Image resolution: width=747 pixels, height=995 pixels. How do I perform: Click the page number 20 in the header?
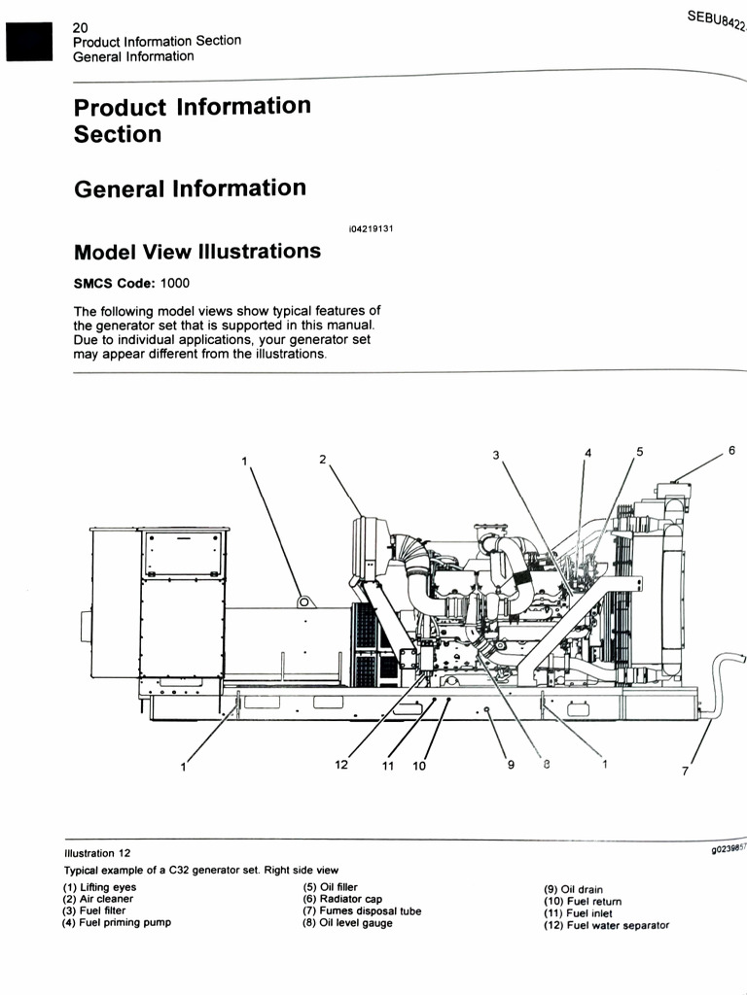coord(81,28)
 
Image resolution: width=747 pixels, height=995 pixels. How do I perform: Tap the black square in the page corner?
coord(27,41)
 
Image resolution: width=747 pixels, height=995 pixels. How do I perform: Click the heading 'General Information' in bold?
coord(190,189)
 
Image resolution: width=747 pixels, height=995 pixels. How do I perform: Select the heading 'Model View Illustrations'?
coord(197,252)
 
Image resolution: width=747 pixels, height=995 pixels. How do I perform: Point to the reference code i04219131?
coord(370,229)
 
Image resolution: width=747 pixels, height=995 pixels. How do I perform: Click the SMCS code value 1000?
coord(175,284)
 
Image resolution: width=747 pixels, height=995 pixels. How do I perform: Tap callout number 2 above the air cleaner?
coord(323,459)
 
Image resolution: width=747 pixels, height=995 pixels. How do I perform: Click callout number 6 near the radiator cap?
coord(730,452)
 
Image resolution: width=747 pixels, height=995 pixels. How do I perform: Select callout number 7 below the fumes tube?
coord(685,772)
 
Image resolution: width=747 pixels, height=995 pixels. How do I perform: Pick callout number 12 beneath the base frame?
coord(341,765)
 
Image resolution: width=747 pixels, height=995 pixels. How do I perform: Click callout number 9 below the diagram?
coord(510,765)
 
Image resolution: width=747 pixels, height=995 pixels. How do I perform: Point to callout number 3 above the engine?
coord(496,455)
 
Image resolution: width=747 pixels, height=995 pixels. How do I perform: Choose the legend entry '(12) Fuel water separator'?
coord(606,925)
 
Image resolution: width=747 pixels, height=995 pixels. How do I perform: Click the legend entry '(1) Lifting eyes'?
coord(100,887)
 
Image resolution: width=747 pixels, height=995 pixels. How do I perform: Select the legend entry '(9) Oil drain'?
coord(573,889)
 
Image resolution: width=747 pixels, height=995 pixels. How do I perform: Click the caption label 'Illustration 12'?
coord(97,853)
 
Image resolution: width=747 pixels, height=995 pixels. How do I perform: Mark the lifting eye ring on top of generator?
coord(304,601)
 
